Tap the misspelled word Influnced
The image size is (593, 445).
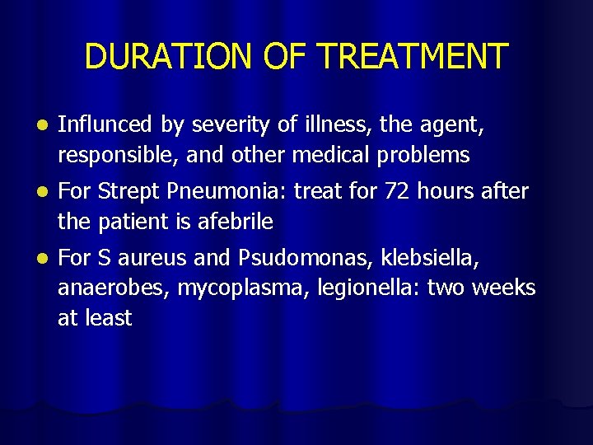(x=105, y=124)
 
